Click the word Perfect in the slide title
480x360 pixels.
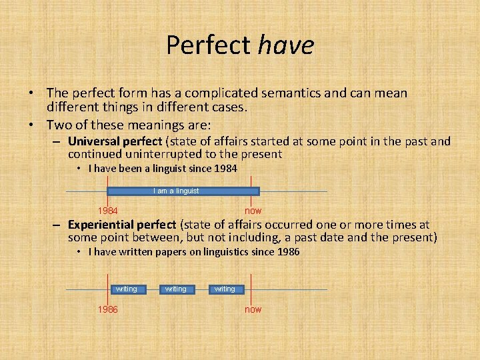point(208,45)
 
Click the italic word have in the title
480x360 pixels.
point(285,45)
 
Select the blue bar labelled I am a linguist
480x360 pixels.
point(176,191)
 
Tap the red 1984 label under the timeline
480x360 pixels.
point(109,211)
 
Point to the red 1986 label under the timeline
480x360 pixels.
point(108,309)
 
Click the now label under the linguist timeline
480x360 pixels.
point(253,211)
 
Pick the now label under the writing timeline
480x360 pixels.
point(253,309)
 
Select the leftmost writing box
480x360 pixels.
point(126,289)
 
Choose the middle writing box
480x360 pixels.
point(175,289)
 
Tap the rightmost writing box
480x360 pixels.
point(225,289)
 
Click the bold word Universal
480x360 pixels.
point(93,141)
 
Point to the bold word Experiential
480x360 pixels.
point(100,225)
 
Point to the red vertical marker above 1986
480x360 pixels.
point(109,283)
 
